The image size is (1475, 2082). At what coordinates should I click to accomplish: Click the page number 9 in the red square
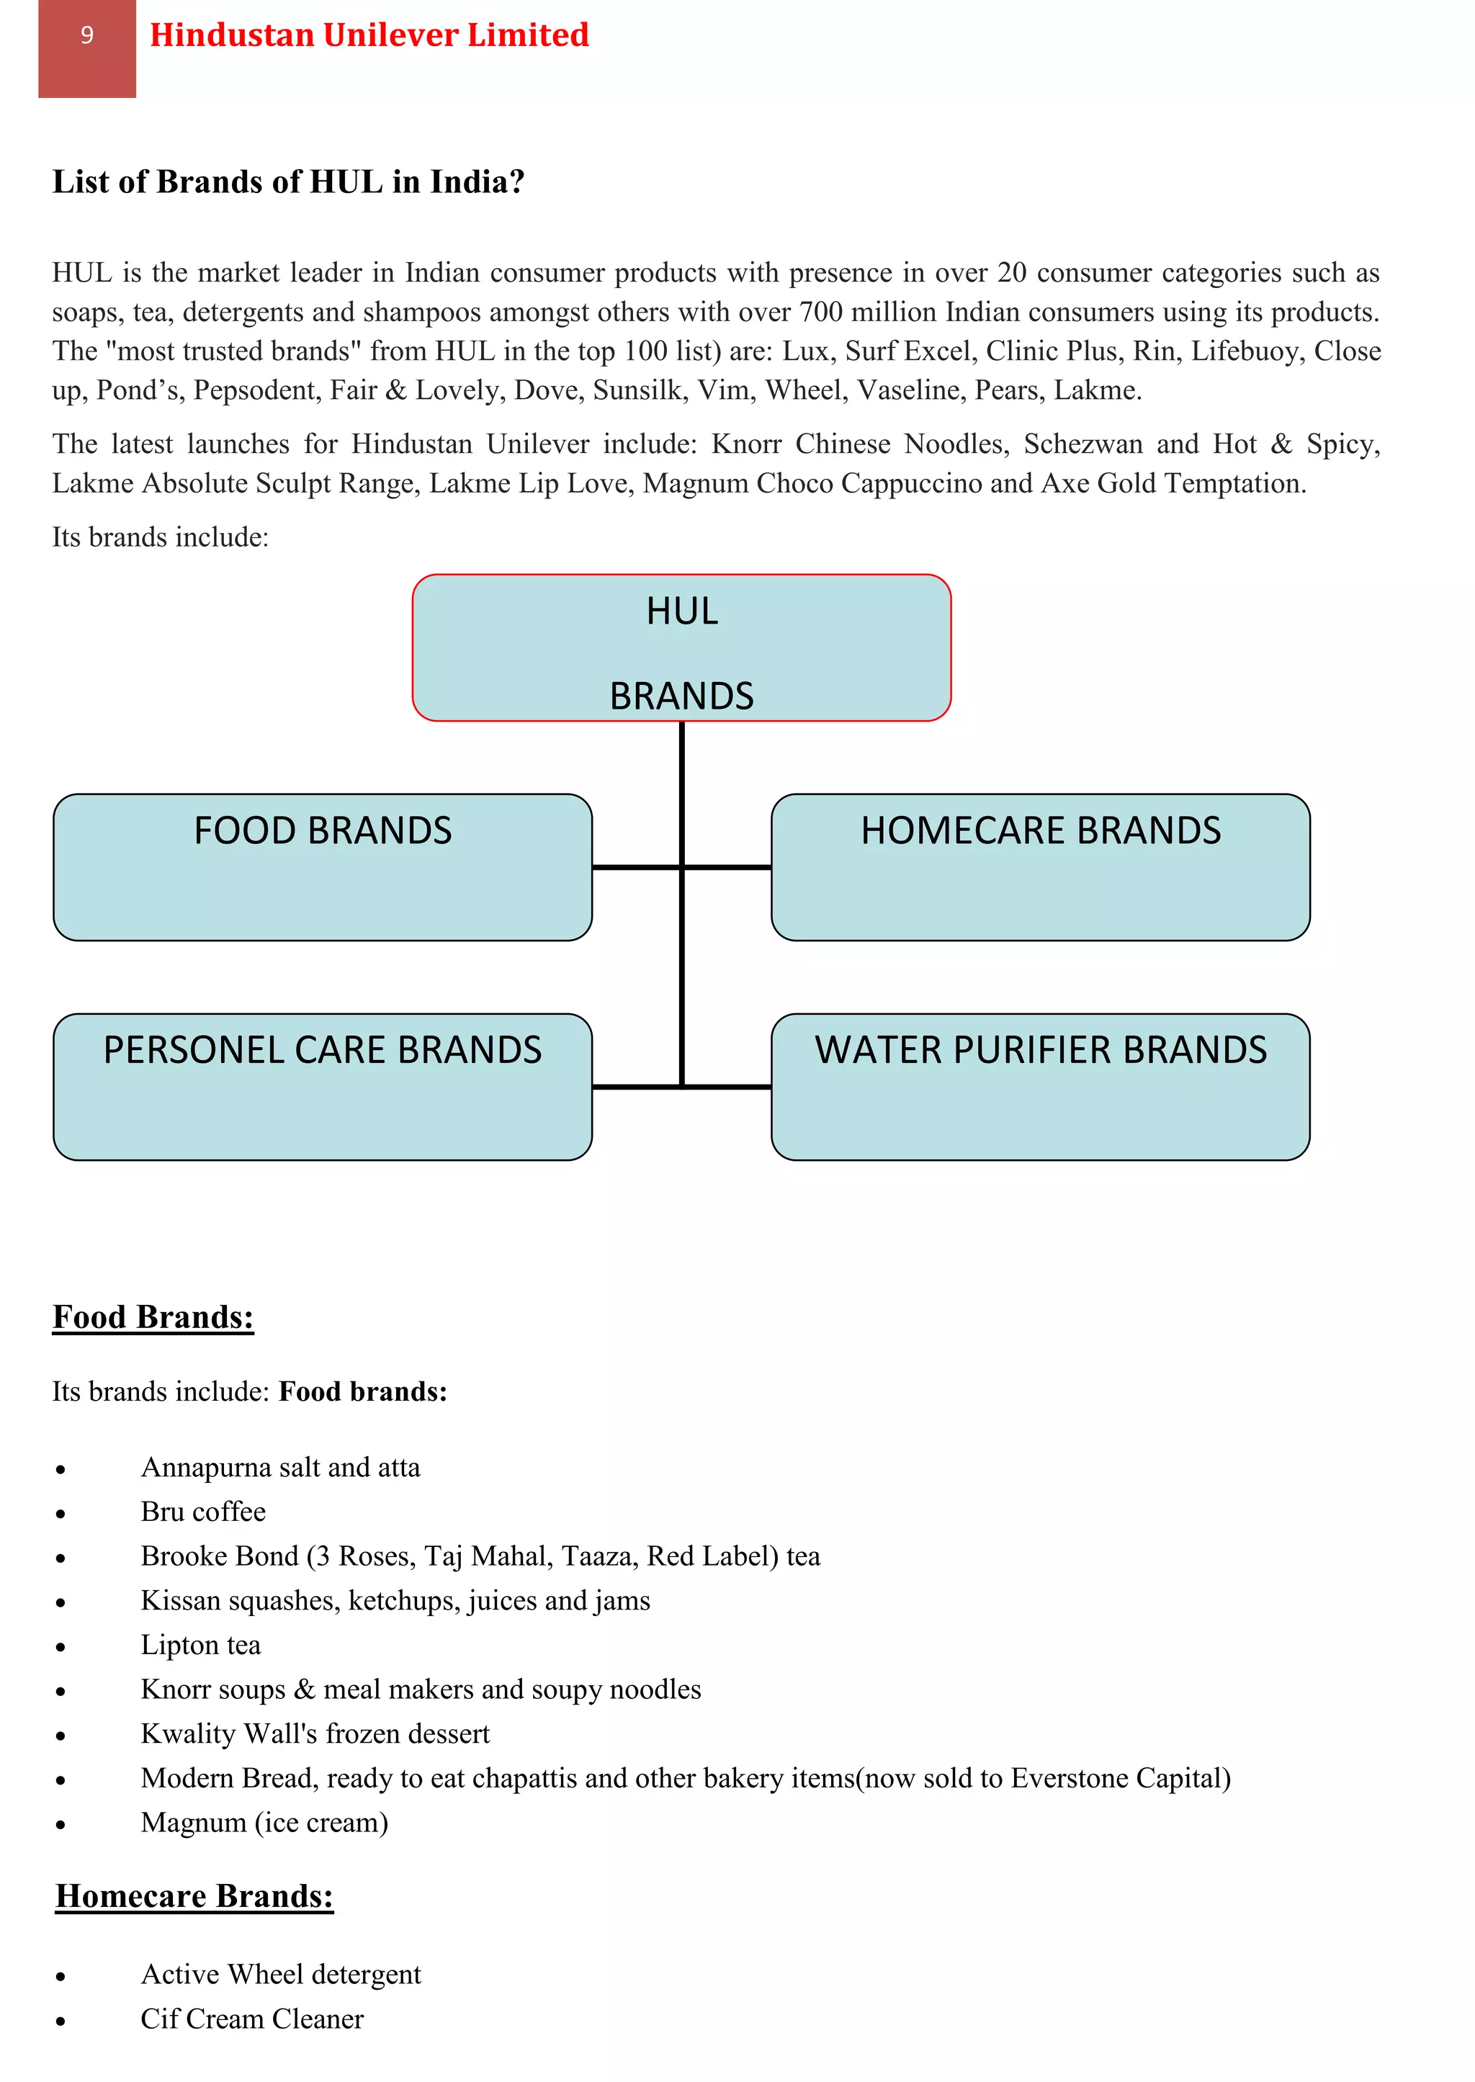pos(87,35)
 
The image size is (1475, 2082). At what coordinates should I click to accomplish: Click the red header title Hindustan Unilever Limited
pos(369,35)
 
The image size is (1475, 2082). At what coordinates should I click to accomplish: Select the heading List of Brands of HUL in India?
pos(288,181)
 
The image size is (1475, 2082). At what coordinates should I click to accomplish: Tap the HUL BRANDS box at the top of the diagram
pos(681,648)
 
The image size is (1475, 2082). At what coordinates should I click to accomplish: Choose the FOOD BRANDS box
pos(323,867)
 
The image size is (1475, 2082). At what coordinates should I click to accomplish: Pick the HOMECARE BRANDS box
pos(1040,867)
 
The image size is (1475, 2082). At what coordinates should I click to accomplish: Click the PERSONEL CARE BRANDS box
pos(323,1087)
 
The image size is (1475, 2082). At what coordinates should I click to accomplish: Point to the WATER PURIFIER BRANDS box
pos(1040,1087)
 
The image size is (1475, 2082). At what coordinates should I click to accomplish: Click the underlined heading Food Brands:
pos(153,1317)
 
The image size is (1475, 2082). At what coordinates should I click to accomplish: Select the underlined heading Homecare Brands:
pos(194,1897)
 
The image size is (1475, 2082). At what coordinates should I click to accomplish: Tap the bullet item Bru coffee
pos(203,1512)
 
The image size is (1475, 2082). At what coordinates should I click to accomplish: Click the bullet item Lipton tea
pos(201,1646)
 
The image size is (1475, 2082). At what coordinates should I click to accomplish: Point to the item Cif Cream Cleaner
pos(251,2019)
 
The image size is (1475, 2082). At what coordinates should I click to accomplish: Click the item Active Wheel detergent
pos(281,1974)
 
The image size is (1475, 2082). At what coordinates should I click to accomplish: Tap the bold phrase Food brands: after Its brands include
pos(362,1392)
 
